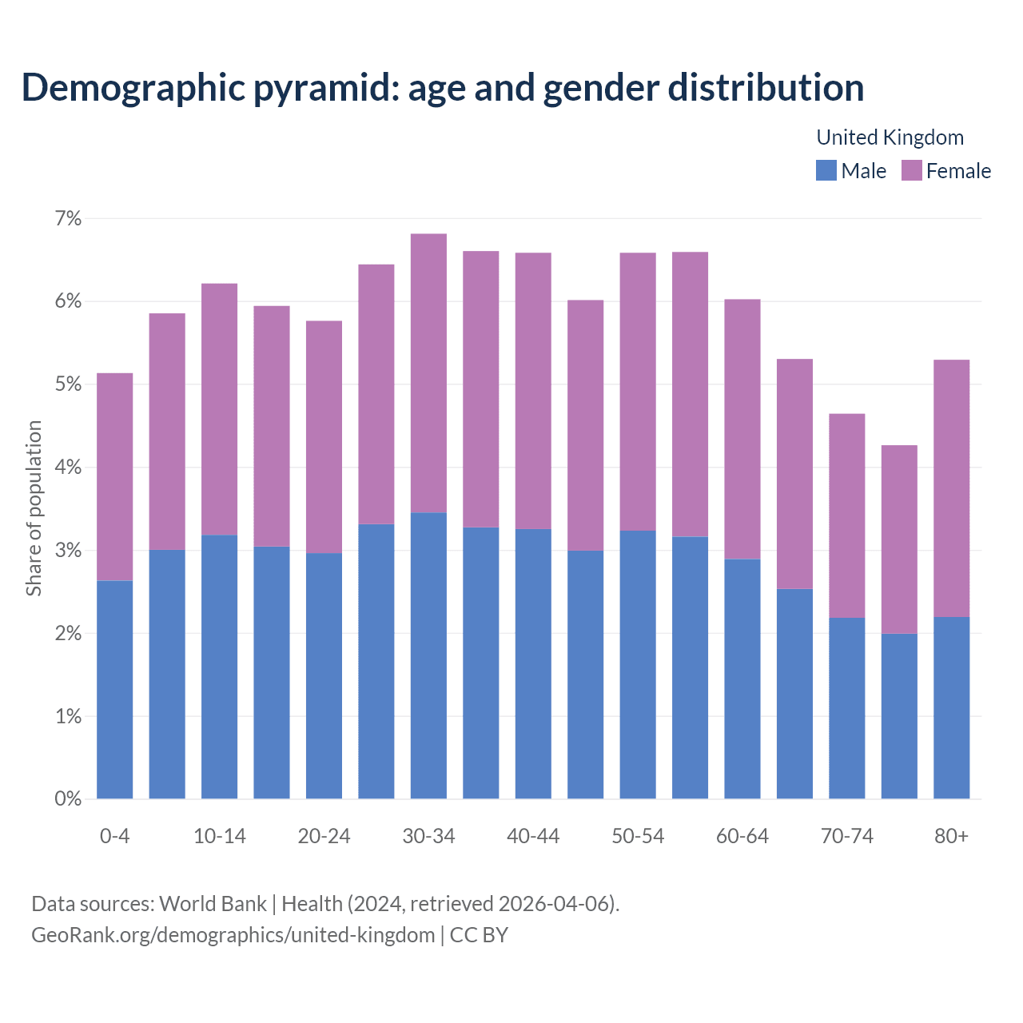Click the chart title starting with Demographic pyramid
[x=443, y=87]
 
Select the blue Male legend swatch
[x=826, y=170]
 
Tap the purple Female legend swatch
[x=911, y=170]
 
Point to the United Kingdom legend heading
[x=890, y=137]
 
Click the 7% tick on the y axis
[x=69, y=218]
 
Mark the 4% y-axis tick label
[x=69, y=468]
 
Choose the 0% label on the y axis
[x=69, y=798]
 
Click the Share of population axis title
[x=34, y=508]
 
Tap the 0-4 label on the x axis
[x=115, y=836]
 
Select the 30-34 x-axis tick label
[x=428, y=836]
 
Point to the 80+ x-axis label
[x=951, y=836]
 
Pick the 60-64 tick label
[x=742, y=836]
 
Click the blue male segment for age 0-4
[x=115, y=689]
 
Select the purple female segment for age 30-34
[x=428, y=373]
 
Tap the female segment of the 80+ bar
[x=951, y=488]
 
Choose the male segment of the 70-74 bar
[x=847, y=708]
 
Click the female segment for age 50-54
[x=638, y=392]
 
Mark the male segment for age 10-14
[x=220, y=667]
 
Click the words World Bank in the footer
[x=213, y=904]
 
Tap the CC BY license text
[x=479, y=935]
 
